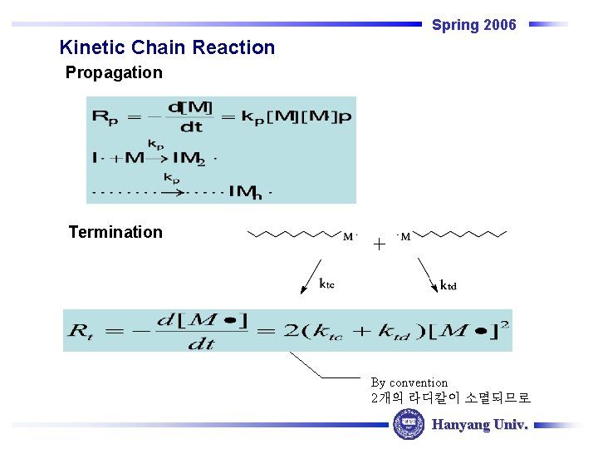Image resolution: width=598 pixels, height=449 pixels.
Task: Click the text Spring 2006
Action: coord(473,25)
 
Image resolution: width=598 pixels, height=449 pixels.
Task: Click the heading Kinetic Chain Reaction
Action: coord(167,47)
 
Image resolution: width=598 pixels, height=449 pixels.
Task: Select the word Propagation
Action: coord(114,72)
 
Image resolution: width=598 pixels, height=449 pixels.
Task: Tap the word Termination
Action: coord(115,232)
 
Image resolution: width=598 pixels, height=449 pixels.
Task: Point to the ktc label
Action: coord(327,284)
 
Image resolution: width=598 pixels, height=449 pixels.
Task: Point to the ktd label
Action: coord(448,285)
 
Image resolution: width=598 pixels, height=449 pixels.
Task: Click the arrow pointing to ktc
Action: coord(309,275)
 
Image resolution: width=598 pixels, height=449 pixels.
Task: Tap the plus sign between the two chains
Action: coord(379,244)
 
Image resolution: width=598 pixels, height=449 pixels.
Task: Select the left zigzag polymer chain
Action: coord(296,234)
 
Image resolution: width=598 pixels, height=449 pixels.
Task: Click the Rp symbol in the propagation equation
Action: coord(105,116)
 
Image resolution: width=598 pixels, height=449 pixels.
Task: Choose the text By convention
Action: coord(409,382)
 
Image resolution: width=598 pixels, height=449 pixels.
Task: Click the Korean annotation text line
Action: coord(450,398)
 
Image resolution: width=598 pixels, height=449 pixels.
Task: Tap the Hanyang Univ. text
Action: coord(480,425)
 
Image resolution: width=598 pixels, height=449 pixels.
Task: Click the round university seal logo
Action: coord(408,424)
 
